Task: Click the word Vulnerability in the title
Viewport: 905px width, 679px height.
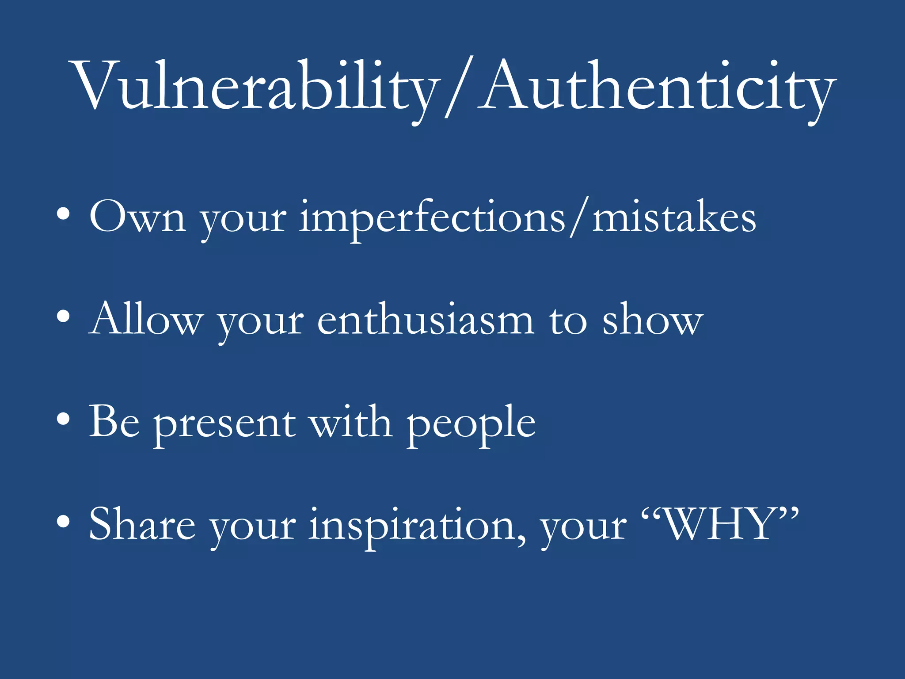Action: (256, 86)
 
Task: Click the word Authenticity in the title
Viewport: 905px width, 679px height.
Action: (658, 86)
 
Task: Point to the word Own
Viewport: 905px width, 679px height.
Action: (137, 217)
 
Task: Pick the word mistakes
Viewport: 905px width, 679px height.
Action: (674, 217)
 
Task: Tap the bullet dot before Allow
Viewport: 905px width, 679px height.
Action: (63, 316)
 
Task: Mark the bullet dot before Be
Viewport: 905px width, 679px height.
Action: (63, 419)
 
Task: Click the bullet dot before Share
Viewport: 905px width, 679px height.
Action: (63, 522)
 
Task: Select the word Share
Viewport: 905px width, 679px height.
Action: (142, 524)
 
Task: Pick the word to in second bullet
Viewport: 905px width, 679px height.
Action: (568, 321)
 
